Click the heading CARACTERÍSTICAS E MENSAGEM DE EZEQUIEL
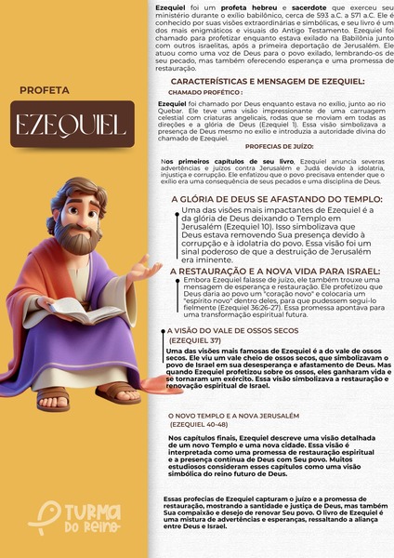pyautogui.click(x=267, y=82)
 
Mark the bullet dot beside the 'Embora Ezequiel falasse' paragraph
pyautogui.click(x=177, y=279)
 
